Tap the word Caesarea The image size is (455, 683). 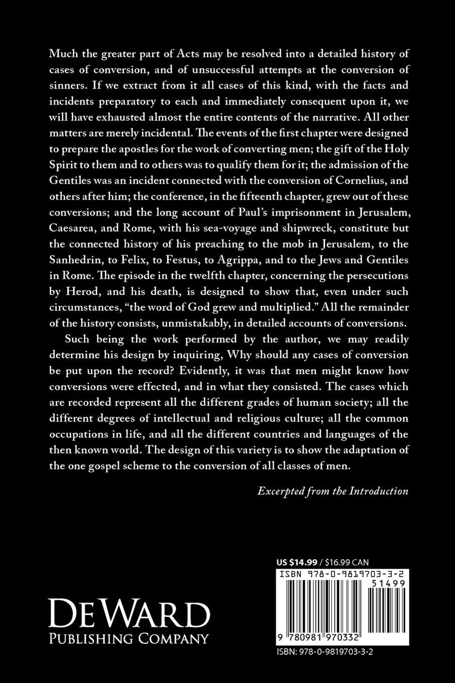tap(75, 228)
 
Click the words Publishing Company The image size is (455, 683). tap(129, 639)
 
